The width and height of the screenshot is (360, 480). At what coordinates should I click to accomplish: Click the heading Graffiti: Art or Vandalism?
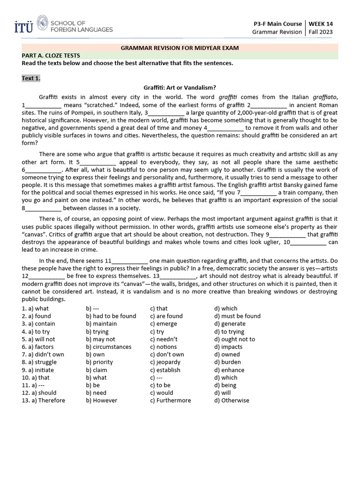tap(180, 87)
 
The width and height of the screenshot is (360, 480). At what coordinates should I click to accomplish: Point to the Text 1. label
tap(31, 78)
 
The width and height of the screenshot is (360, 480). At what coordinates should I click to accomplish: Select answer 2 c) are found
tap(166, 316)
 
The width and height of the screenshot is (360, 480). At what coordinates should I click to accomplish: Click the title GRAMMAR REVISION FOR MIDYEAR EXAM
tap(180, 48)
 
